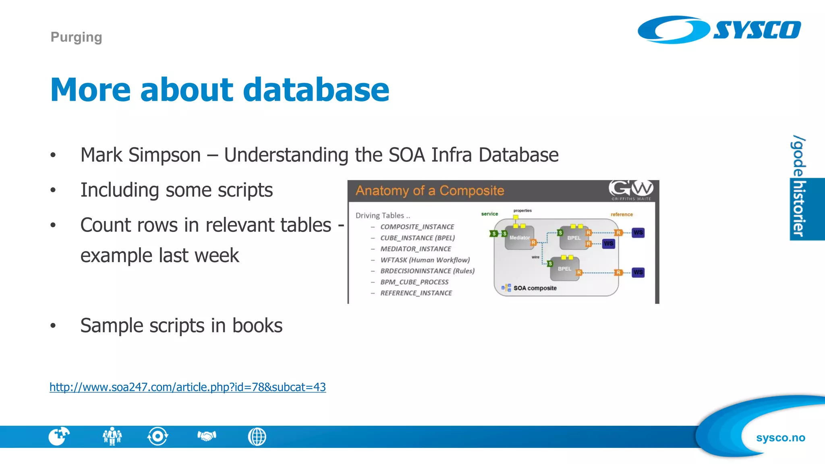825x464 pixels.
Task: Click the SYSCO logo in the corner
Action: click(x=719, y=30)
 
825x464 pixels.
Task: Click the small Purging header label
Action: click(x=76, y=37)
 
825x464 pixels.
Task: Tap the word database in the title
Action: click(x=316, y=89)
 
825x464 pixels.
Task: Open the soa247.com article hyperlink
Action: click(x=188, y=387)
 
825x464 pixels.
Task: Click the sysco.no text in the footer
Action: click(x=780, y=437)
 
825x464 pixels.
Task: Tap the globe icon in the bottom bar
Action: click(x=257, y=437)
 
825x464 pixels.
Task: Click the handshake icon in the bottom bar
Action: click(x=207, y=436)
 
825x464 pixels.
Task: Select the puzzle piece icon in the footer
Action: click(x=59, y=436)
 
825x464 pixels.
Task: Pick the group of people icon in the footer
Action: click(x=112, y=436)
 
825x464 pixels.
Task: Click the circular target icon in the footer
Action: click(x=158, y=436)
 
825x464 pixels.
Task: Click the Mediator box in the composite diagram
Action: click(x=520, y=238)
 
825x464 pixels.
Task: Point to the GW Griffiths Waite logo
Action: click(x=631, y=190)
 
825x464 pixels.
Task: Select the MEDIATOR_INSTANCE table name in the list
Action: click(x=415, y=249)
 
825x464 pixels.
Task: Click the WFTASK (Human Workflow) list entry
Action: click(x=425, y=260)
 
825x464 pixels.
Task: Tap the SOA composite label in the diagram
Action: click(x=535, y=288)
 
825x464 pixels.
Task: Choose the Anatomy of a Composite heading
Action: click(x=430, y=191)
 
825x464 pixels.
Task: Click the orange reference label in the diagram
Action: click(x=621, y=214)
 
